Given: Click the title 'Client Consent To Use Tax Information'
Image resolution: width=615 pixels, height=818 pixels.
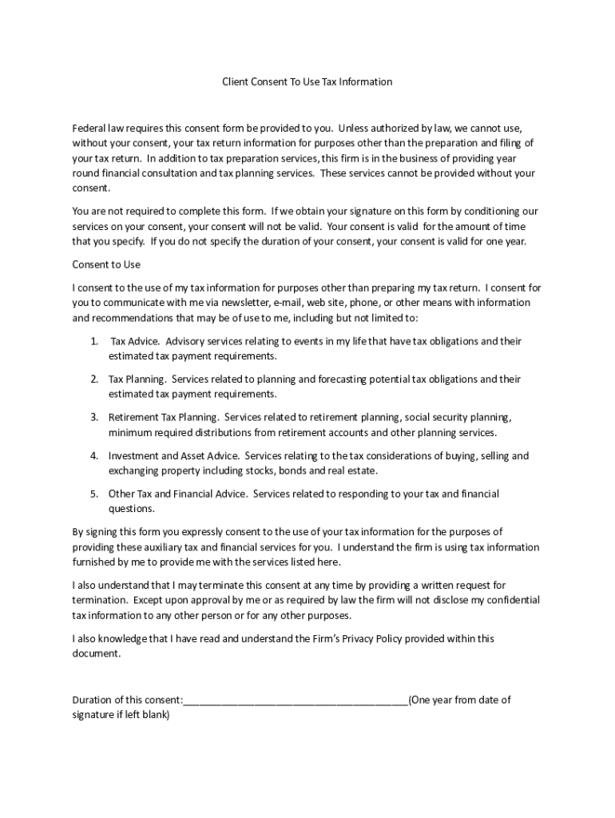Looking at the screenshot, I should click(307, 82).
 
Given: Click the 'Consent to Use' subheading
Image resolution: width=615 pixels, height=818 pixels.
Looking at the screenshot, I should click(106, 264).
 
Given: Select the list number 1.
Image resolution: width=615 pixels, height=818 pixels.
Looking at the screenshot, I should click(93, 341).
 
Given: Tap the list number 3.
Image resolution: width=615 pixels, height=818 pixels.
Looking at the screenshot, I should click(93, 417).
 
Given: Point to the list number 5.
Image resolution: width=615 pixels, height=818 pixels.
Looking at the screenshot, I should click(93, 494).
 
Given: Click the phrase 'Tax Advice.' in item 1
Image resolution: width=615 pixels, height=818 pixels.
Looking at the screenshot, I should click(135, 341).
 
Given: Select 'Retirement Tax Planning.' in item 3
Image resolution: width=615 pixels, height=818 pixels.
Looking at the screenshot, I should click(164, 417).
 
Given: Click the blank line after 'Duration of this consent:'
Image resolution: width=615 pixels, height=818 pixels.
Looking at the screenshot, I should click(296, 701).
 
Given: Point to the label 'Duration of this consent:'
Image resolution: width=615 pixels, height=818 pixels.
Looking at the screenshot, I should click(127, 700).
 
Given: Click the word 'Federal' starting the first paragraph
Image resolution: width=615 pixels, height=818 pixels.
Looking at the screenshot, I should click(88, 128).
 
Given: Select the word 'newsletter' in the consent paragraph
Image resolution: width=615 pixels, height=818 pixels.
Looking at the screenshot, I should click(245, 303).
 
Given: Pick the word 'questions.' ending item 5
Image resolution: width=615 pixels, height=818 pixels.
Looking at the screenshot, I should click(132, 509).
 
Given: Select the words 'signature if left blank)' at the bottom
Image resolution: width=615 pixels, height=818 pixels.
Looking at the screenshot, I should click(121, 715).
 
